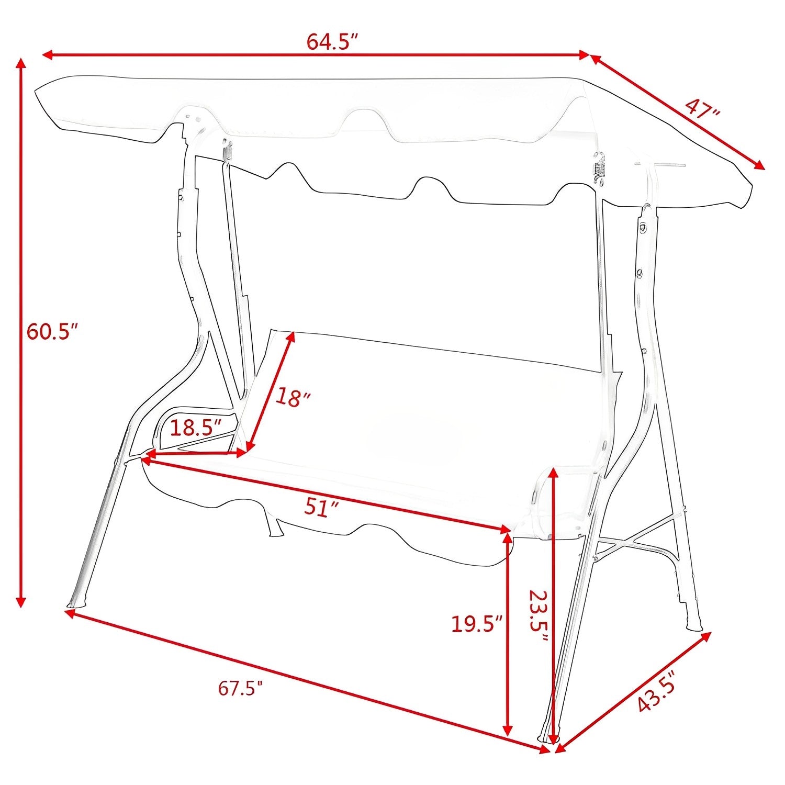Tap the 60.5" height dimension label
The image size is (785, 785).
click(x=52, y=332)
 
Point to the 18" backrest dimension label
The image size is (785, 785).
click(x=293, y=397)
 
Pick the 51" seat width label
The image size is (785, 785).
click(x=321, y=507)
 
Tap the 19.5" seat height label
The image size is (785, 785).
click(x=477, y=624)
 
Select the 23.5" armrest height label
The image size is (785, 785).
click(x=538, y=618)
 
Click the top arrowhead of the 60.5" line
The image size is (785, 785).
click(x=21, y=63)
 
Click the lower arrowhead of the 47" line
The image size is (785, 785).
click(x=760, y=166)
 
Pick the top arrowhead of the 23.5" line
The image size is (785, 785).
click(x=554, y=473)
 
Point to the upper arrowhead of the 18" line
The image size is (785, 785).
click(x=291, y=337)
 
